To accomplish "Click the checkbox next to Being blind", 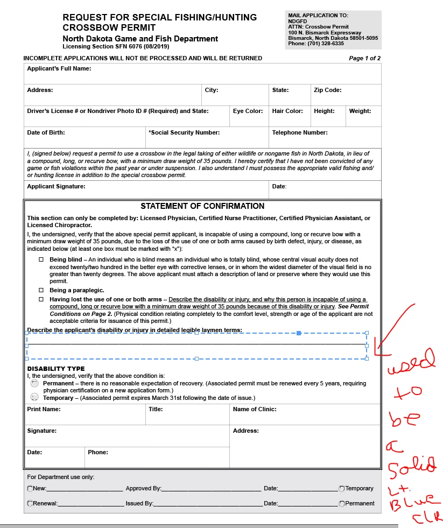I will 41,259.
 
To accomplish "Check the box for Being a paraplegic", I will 41,290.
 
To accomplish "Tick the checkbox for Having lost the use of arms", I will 41,299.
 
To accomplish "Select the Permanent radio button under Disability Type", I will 34,384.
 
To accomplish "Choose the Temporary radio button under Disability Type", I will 34,397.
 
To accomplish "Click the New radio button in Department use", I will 30,489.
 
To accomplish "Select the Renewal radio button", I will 30,504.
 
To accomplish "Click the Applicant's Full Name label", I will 59,68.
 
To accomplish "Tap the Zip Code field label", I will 327,90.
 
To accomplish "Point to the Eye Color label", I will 248,111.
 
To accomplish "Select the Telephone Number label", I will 300,132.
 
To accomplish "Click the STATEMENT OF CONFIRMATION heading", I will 202,206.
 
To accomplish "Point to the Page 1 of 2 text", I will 364,58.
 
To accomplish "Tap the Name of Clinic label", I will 255,409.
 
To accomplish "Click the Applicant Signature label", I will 56,186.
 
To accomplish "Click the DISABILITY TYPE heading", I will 56,369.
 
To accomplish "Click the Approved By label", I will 144,489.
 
